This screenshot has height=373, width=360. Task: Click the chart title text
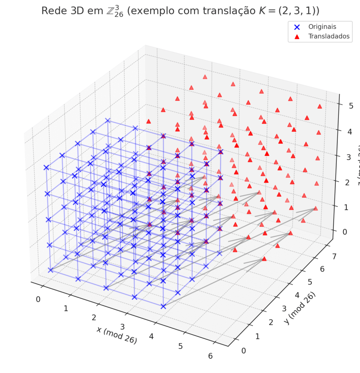click(180, 11)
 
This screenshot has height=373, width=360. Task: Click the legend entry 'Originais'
click(322, 27)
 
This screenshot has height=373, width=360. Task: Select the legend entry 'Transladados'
click(329, 36)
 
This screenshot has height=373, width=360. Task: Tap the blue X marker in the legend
click(297, 27)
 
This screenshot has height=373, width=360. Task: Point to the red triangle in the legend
click(297, 36)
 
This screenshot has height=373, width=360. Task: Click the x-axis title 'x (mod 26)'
click(117, 335)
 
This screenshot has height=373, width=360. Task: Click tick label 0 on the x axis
click(38, 299)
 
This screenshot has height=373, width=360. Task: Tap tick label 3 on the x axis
click(123, 327)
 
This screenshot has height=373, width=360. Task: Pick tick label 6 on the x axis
click(210, 356)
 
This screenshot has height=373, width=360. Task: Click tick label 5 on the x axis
click(181, 346)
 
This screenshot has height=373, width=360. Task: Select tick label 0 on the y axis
click(244, 350)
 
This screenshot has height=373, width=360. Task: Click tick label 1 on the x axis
click(66, 308)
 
